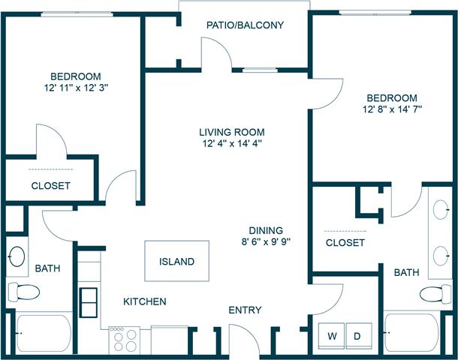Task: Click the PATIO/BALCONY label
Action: click(x=245, y=25)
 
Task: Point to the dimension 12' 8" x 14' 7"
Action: click(x=391, y=109)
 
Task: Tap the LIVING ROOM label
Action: click(x=233, y=132)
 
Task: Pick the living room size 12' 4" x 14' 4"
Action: click(x=233, y=143)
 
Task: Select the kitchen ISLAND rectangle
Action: click(x=176, y=262)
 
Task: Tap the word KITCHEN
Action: click(x=145, y=301)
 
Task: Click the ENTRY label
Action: click(x=245, y=310)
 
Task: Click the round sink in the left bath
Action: click(x=17, y=256)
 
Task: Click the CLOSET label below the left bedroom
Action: click(x=51, y=185)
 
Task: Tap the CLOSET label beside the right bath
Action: click(x=345, y=243)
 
